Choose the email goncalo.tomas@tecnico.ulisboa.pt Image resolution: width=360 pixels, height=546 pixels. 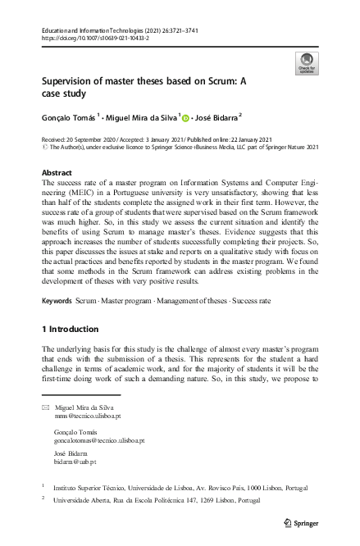98,441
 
